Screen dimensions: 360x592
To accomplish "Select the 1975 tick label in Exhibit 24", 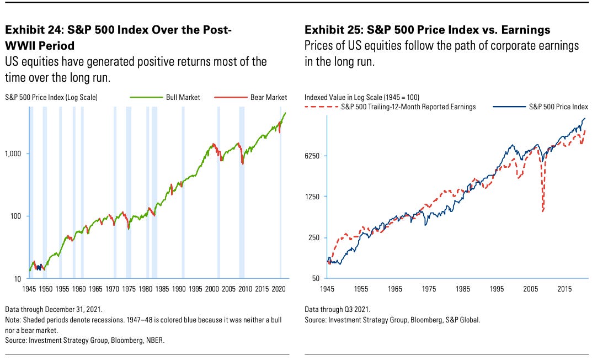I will point(129,289).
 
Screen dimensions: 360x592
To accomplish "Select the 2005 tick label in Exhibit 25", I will point(530,289).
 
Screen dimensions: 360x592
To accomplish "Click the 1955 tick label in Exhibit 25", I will point(361,289).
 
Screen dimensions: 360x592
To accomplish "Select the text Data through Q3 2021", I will point(337,309).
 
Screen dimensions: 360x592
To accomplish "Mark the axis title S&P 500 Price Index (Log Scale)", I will point(51,97).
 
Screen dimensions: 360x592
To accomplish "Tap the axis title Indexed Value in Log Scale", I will point(353,97).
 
